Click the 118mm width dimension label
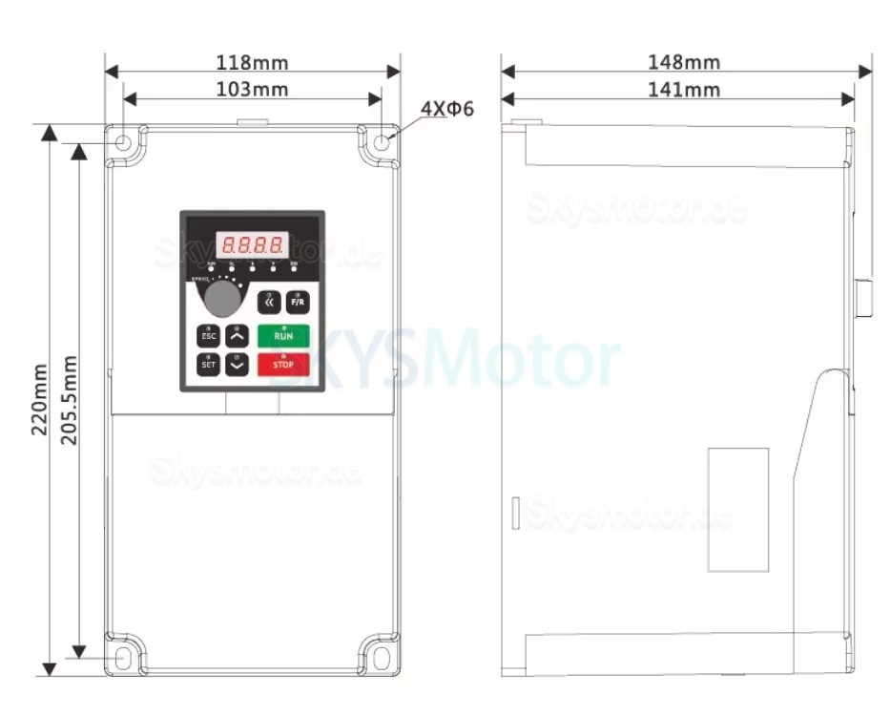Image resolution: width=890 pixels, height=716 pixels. coord(252,63)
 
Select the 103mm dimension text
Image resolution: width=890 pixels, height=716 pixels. coord(252,90)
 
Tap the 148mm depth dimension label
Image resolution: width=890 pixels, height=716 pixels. coord(684,63)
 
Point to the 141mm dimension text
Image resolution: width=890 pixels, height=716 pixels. coord(684,90)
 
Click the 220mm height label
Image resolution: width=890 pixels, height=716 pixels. coord(39,399)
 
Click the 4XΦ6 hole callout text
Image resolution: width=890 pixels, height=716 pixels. coord(447,109)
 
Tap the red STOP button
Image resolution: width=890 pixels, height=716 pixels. coord(283,364)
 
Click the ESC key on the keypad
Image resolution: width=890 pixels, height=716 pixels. coord(208,336)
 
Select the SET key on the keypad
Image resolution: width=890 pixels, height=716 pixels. coord(208,364)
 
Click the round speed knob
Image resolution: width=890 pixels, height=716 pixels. coord(222,299)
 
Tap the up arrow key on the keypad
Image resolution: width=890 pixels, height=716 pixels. coord(238,336)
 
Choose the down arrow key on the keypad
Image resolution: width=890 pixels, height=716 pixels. coord(238,364)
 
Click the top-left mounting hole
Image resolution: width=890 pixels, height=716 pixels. coord(124,143)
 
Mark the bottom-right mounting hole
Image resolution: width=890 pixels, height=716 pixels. coord(381,658)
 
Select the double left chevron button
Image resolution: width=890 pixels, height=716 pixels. coord(269,303)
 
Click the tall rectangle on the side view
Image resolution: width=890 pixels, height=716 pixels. coord(738,510)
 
